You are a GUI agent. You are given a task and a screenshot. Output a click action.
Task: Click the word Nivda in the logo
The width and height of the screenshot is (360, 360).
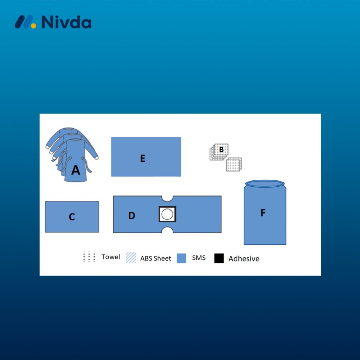[66, 22]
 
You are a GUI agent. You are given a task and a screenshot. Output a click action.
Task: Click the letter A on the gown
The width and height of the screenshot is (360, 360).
[76, 170]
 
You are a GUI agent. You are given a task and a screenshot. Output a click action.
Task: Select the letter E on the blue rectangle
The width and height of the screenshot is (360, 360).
[143, 158]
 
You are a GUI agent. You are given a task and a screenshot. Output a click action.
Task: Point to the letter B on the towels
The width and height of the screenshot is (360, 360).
[221, 149]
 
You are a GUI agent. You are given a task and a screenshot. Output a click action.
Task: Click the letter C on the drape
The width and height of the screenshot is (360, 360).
[72, 217]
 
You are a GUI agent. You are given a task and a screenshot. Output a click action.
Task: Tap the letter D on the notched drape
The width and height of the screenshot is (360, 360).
[131, 216]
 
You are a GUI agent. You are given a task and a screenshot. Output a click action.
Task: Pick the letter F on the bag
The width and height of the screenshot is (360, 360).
[263, 213]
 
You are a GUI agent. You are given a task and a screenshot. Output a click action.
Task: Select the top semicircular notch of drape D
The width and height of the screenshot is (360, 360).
[167, 199]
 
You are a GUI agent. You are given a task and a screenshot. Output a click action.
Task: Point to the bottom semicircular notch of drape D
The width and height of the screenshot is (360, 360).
[167, 230]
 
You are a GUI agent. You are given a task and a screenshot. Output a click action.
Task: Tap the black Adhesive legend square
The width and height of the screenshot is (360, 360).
[219, 258]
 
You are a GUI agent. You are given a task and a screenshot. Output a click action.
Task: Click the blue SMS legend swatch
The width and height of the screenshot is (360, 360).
[181, 258]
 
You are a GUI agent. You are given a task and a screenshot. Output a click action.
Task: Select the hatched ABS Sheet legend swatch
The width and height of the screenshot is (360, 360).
[131, 258]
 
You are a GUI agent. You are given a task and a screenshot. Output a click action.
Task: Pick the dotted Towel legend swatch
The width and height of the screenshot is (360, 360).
[89, 257]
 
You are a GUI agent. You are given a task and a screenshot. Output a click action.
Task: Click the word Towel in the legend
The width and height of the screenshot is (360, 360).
[111, 257]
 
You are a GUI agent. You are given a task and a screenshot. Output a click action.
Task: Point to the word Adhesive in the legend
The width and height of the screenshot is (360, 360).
[244, 259]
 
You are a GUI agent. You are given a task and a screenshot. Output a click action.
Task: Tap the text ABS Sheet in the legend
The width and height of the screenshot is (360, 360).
[156, 258]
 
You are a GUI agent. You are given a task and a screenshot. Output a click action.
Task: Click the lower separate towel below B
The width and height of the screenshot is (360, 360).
[234, 165]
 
